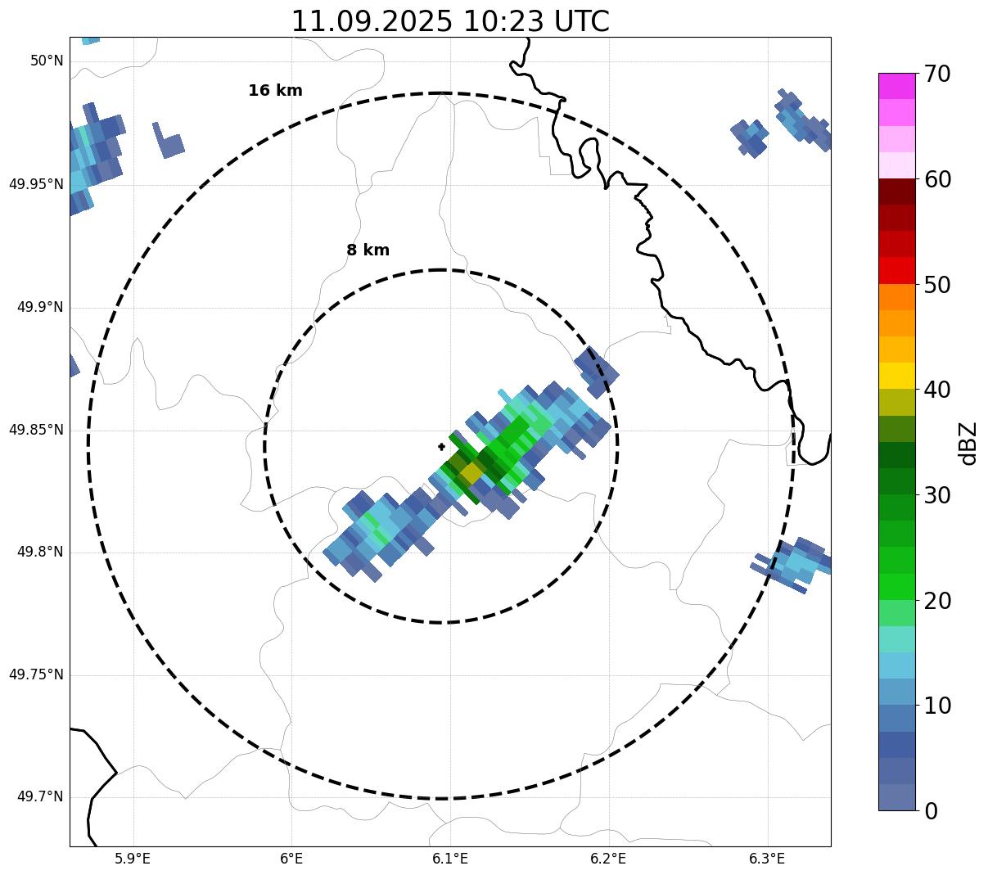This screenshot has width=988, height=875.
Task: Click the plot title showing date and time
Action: (x=450, y=21)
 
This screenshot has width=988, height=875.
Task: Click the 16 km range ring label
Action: (x=275, y=91)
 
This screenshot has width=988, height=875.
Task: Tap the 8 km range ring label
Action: (x=368, y=250)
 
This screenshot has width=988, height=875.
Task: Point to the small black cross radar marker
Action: (x=442, y=447)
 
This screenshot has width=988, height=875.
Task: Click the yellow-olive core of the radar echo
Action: (x=471, y=473)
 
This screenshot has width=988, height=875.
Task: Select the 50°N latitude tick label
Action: (x=47, y=61)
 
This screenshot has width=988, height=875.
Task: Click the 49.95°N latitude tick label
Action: (x=36, y=184)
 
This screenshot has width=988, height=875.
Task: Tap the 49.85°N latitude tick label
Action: (x=36, y=430)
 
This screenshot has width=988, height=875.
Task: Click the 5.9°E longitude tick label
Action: (x=133, y=859)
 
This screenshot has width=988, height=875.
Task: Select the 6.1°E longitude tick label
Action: (x=450, y=859)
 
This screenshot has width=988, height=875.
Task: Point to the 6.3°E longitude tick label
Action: (x=767, y=859)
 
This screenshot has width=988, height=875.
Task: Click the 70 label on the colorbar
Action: (x=937, y=74)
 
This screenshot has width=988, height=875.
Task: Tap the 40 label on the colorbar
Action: (x=937, y=390)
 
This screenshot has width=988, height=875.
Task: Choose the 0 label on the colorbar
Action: (x=932, y=811)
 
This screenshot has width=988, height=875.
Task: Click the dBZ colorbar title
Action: (x=968, y=443)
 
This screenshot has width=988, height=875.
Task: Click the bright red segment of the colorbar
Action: (x=896, y=270)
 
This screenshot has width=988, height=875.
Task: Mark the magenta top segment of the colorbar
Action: (x=896, y=86)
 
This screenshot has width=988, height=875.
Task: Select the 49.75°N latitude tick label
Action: (x=36, y=674)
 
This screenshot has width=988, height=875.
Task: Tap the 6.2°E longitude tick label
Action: (x=608, y=859)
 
